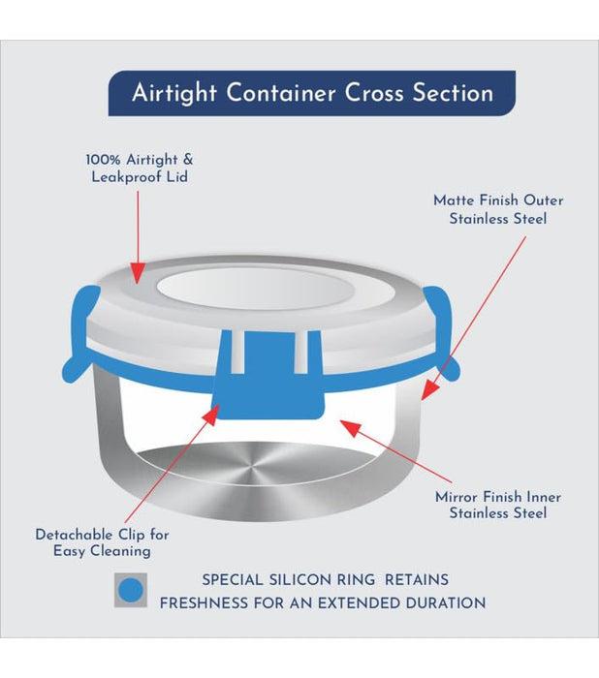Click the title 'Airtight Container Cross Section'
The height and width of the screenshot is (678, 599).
(312, 93)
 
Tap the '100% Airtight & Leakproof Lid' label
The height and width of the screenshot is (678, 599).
(140, 169)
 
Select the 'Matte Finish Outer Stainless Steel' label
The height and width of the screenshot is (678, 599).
(498, 210)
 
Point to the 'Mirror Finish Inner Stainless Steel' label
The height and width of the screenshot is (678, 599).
(498, 505)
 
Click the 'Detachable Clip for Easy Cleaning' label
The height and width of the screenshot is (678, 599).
(102, 542)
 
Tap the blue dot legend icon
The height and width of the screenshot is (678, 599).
(131, 590)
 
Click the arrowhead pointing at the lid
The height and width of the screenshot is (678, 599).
(138, 273)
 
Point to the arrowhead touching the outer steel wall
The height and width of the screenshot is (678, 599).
(429, 389)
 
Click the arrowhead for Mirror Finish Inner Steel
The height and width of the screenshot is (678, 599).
(350, 427)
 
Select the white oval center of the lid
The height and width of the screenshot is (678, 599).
(255, 288)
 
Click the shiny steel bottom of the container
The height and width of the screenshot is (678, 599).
(256, 466)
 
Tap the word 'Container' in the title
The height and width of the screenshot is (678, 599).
(281, 93)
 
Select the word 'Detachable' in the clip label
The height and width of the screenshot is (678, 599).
(75, 535)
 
